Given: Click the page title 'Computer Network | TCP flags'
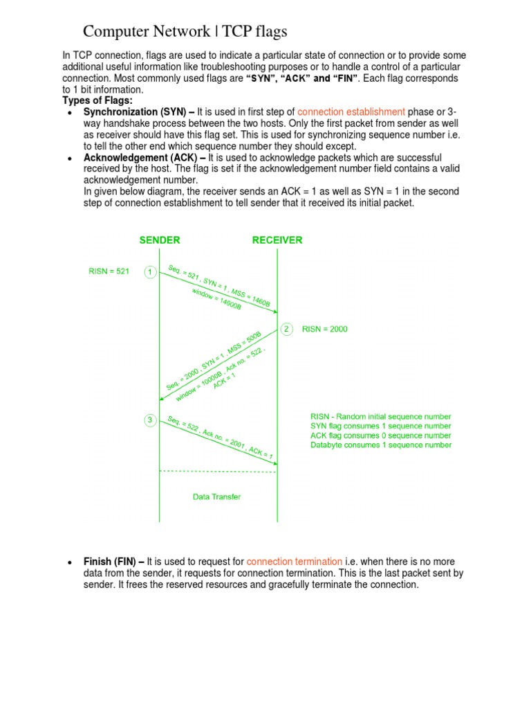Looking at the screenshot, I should pyautogui.click(x=185, y=31).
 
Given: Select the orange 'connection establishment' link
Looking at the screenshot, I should pyautogui.click(x=351, y=111).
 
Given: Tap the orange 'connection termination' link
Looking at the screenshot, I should pyautogui.click(x=295, y=562).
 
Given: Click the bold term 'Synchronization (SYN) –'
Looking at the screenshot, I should pyautogui.click(x=139, y=111).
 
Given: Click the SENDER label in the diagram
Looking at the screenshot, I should pyautogui.click(x=160, y=240).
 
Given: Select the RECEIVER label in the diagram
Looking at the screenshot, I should pyautogui.click(x=277, y=240).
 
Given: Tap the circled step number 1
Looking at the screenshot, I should pyautogui.click(x=150, y=272).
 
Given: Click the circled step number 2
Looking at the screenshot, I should pyautogui.click(x=286, y=329).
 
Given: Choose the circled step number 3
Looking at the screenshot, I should pyautogui.click(x=150, y=420).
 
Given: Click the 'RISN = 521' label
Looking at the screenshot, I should pyautogui.click(x=109, y=271).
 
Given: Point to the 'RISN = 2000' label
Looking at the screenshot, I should pyautogui.click(x=325, y=330).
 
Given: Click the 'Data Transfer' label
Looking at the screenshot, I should pyautogui.click(x=216, y=496).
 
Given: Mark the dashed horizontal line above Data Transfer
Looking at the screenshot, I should pyautogui.click(x=218, y=472).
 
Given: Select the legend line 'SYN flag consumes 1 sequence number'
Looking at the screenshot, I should pyautogui.click(x=380, y=427).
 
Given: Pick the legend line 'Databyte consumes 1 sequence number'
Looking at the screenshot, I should pyautogui.click(x=380, y=445).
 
